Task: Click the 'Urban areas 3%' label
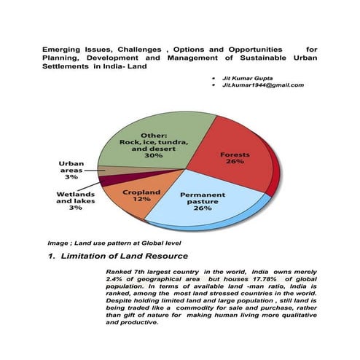tap(71, 171)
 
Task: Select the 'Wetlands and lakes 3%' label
tap(75, 201)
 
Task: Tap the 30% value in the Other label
tap(153, 155)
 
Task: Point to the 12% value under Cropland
tap(141, 199)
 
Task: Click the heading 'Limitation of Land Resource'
tap(125, 256)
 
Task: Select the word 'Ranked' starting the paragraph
tap(120, 270)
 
